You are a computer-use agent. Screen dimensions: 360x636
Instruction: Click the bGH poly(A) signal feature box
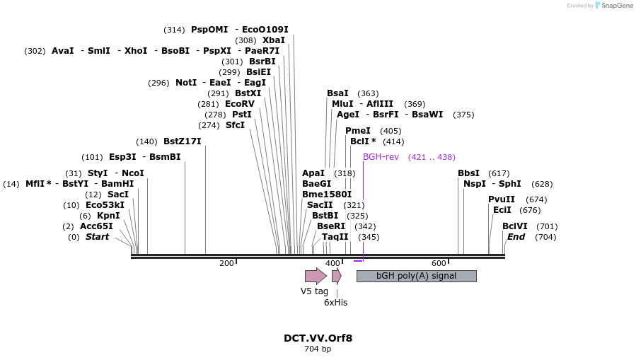click(416, 276)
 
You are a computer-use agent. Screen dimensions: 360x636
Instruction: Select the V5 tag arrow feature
click(315, 276)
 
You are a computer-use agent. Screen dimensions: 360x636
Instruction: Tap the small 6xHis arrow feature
click(337, 276)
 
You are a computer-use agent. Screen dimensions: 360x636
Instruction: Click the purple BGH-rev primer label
click(381, 157)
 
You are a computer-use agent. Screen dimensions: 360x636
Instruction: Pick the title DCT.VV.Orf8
click(318, 338)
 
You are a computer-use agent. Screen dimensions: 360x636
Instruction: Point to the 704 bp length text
click(318, 349)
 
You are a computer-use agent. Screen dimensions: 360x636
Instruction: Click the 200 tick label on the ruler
click(226, 264)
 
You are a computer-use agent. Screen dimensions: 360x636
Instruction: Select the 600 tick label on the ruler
click(439, 264)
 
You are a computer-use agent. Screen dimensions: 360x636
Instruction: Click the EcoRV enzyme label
click(239, 104)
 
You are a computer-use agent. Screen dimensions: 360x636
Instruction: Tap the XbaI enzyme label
click(274, 40)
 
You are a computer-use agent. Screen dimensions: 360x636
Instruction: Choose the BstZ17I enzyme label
click(182, 141)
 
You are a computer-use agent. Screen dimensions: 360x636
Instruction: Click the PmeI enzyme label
click(358, 131)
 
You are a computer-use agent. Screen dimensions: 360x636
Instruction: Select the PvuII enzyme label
click(502, 199)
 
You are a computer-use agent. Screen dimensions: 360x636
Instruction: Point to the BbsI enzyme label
click(468, 173)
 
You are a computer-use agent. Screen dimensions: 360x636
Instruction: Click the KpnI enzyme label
click(108, 216)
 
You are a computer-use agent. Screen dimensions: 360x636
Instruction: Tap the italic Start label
click(97, 237)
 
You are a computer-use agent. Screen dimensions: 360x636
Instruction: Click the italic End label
click(516, 237)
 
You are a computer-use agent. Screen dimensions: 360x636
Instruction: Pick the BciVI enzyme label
click(515, 226)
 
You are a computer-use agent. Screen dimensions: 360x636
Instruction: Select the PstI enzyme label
click(242, 115)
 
